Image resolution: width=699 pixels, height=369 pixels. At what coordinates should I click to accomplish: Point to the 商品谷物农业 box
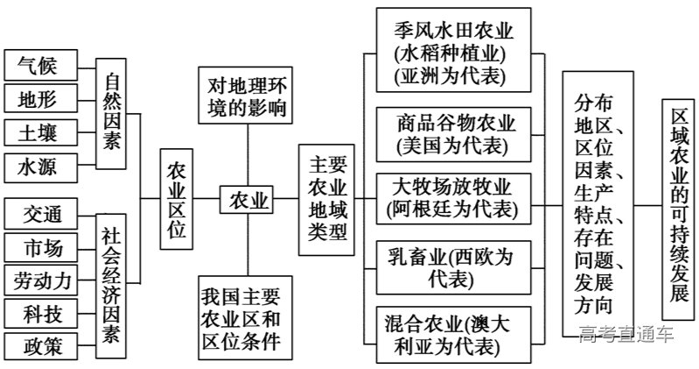point(456,132)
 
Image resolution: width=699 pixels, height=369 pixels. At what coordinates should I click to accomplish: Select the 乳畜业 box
point(456,268)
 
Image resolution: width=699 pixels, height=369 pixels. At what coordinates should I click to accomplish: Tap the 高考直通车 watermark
point(626,334)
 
